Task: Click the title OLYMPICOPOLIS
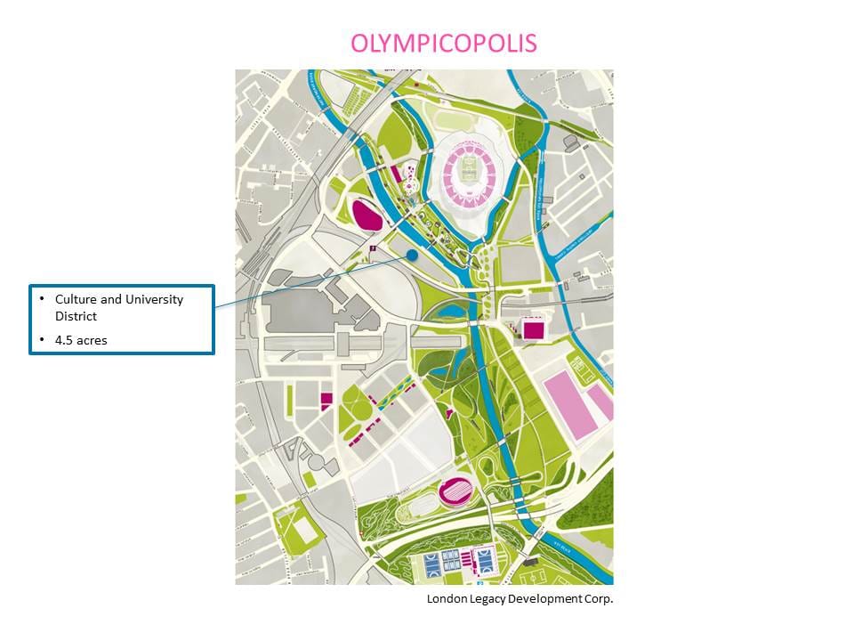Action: [x=444, y=44]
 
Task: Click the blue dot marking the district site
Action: [x=412, y=256]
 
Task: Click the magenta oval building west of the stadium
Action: [x=367, y=215]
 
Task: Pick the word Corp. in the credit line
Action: [x=598, y=598]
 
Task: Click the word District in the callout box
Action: [x=76, y=316]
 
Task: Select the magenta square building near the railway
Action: [x=533, y=329]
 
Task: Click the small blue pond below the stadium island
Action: [x=448, y=312]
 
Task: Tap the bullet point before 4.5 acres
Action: [x=42, y=340]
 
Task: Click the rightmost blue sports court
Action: [x=487, y=562]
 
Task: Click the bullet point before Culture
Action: [x=42, y=299]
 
